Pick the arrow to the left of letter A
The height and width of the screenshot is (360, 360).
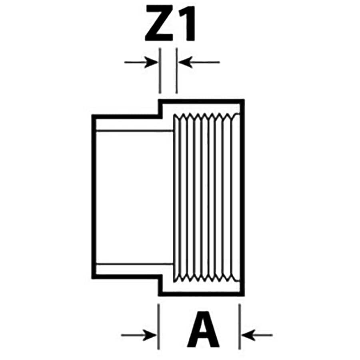[x=138, y=334]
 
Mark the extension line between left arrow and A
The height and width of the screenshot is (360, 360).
[x=159, y=326]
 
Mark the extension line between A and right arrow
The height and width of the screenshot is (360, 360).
[x=240, y=326]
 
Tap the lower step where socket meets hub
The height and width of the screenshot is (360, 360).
[x=160, y=285]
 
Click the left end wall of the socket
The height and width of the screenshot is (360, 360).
[x=94, y=196]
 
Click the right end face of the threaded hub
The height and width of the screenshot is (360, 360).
[x=242, y=196]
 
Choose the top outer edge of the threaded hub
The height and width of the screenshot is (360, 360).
[x=202, y=101]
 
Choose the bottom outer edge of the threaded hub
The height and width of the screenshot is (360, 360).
[x=202, y=294]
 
